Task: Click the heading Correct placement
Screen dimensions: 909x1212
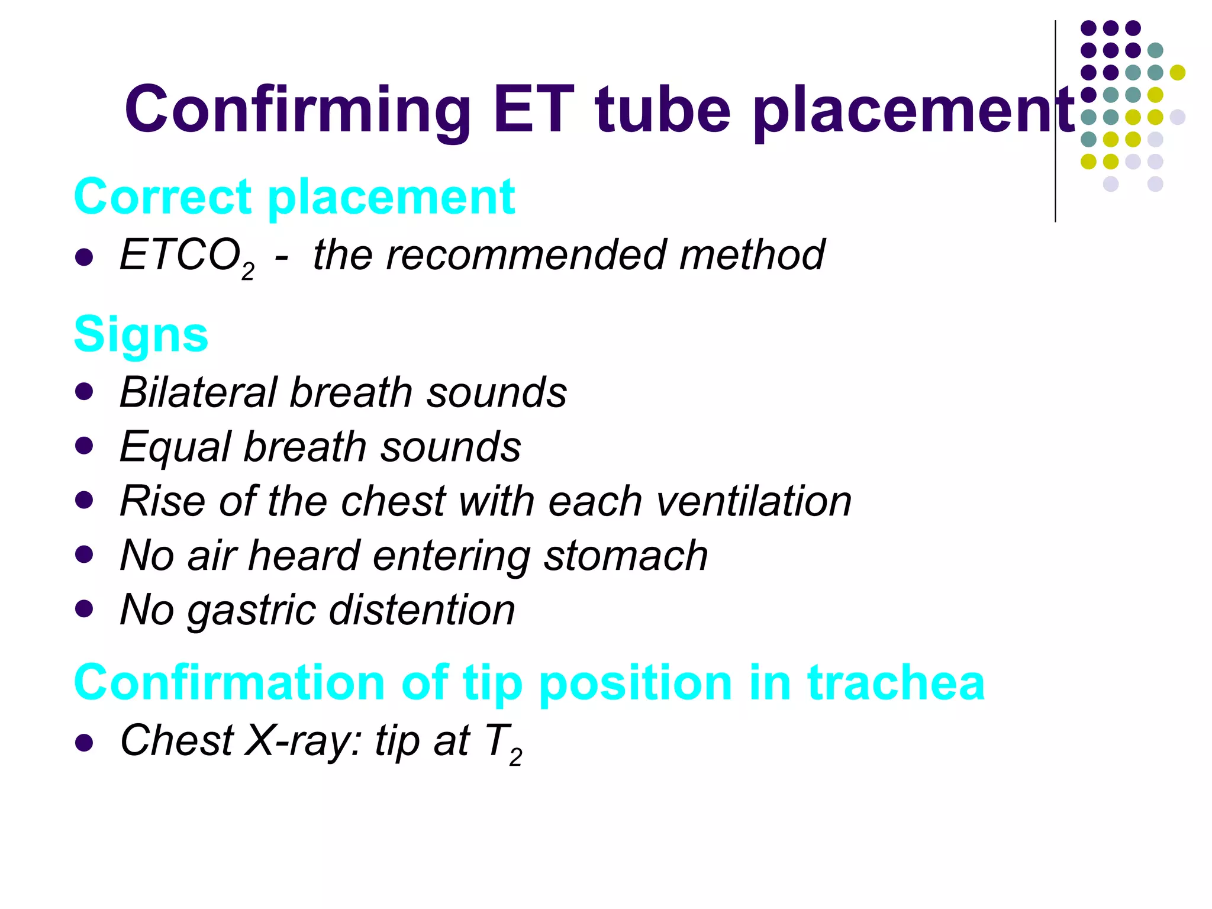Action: pos(294,196)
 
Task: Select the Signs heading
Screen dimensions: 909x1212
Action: pos(141,334)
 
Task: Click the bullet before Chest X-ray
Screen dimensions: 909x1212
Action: pos(85,743)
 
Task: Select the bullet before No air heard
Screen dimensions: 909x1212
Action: pos(85,555)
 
